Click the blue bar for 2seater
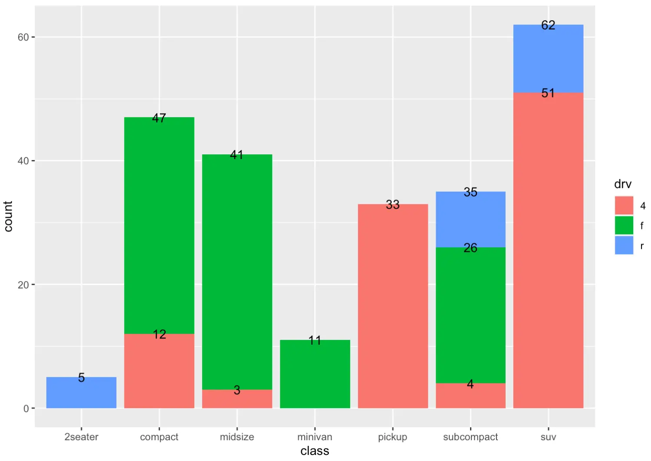coord(81,395)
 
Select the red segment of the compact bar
coord(159,373)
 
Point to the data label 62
coord(548,25)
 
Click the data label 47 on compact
coord(159,118)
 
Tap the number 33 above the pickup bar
coord(392,205)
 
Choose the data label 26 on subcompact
coord(470,248)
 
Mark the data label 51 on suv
coord(548,93)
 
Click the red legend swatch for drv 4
coord(624,206)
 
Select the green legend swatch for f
coord(624,226)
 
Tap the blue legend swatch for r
coord(624,245)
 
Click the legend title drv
coord(622,184)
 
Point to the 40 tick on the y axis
coord(23,161)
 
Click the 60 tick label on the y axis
coord(23,37)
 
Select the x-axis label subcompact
coord(470,437)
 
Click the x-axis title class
coord(315,451)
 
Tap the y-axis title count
coord(8,216)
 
